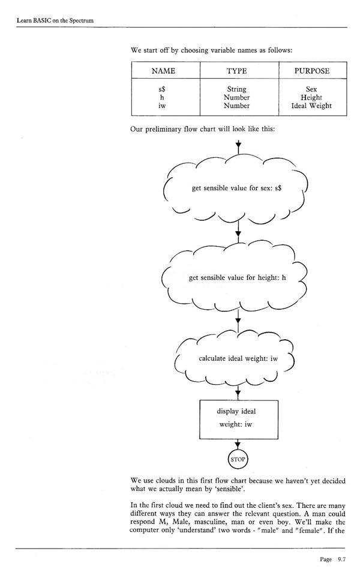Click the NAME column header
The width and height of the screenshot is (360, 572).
(x=163, y=71)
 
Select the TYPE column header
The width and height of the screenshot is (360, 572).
(x=236, y=71)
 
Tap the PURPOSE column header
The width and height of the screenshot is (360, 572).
(x=311, y=71)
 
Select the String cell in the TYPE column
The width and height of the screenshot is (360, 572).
(x=236, y=89)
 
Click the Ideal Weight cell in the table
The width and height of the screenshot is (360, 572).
(x=311, y=106)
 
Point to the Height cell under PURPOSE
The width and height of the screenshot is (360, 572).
(x=311, y=97)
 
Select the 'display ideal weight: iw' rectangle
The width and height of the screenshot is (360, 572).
(x=238, y=418)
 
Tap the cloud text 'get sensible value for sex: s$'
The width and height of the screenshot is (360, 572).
(x=236, y=188)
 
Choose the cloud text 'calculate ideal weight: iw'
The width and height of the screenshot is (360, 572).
(x=238, y=358)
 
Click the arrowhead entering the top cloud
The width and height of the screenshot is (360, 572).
(x=238, y=146)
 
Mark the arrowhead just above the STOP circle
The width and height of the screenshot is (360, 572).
(x=238, y=444)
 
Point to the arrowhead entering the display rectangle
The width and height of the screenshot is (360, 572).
(x=238, y=394)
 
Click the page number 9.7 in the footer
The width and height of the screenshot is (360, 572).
(x=341, y=559)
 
